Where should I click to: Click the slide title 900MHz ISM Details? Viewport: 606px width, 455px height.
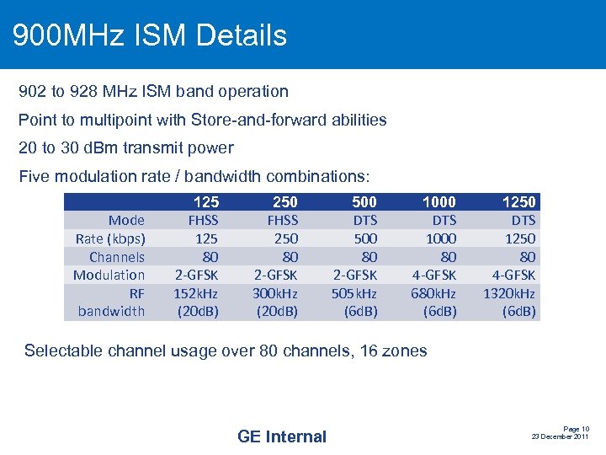coord(150,35)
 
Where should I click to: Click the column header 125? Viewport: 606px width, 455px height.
coord(206,201)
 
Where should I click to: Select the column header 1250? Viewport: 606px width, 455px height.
coord(518,201)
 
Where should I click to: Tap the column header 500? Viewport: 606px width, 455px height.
coord(364,201)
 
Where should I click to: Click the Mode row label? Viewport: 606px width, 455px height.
coord(126,220)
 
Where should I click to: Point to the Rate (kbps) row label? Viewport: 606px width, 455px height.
coord(110,238)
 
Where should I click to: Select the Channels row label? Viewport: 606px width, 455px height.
coord(117,257)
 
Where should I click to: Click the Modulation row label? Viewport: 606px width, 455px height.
coord(109,275)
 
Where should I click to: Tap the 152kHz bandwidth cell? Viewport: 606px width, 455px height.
coord(196,293)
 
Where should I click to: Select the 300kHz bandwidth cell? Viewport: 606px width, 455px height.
coord(275,293)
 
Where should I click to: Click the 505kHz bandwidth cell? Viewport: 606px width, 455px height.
coord(353,293)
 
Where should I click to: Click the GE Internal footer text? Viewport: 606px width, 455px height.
coord(282,436)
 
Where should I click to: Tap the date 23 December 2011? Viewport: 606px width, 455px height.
coord(560,436)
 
